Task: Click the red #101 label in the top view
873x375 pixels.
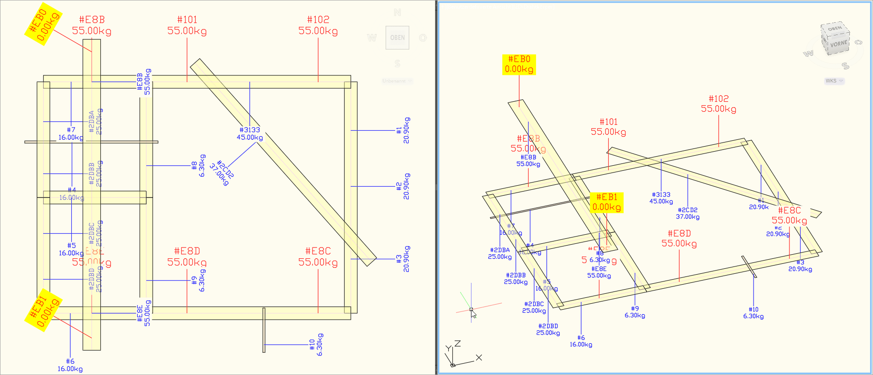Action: click(187, 25)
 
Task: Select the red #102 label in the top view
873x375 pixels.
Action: click(318, 25)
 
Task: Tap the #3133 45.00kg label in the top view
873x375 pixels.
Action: click(249, 133)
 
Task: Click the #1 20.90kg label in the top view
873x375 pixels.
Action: click(402, 130)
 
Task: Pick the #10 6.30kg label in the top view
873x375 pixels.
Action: click(316, 345)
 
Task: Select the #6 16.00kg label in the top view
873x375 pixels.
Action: click(70, 365)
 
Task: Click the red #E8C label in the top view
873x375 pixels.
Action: click(318, 257)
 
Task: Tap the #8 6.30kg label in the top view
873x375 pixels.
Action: click(198, 166)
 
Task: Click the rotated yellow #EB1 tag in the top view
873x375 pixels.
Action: click(43, 311)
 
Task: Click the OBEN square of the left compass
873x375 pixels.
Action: click(397, 38)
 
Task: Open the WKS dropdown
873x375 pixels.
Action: click(834, 81)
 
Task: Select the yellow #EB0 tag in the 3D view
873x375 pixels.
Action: click(519, 64)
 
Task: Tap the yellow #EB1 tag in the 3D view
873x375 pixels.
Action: click(606, 202)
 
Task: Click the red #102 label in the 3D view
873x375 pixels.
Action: click(718, 104)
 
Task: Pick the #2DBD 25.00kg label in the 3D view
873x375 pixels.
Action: click(548, 330)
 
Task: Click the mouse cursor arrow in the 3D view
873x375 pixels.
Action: click(473, 314)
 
